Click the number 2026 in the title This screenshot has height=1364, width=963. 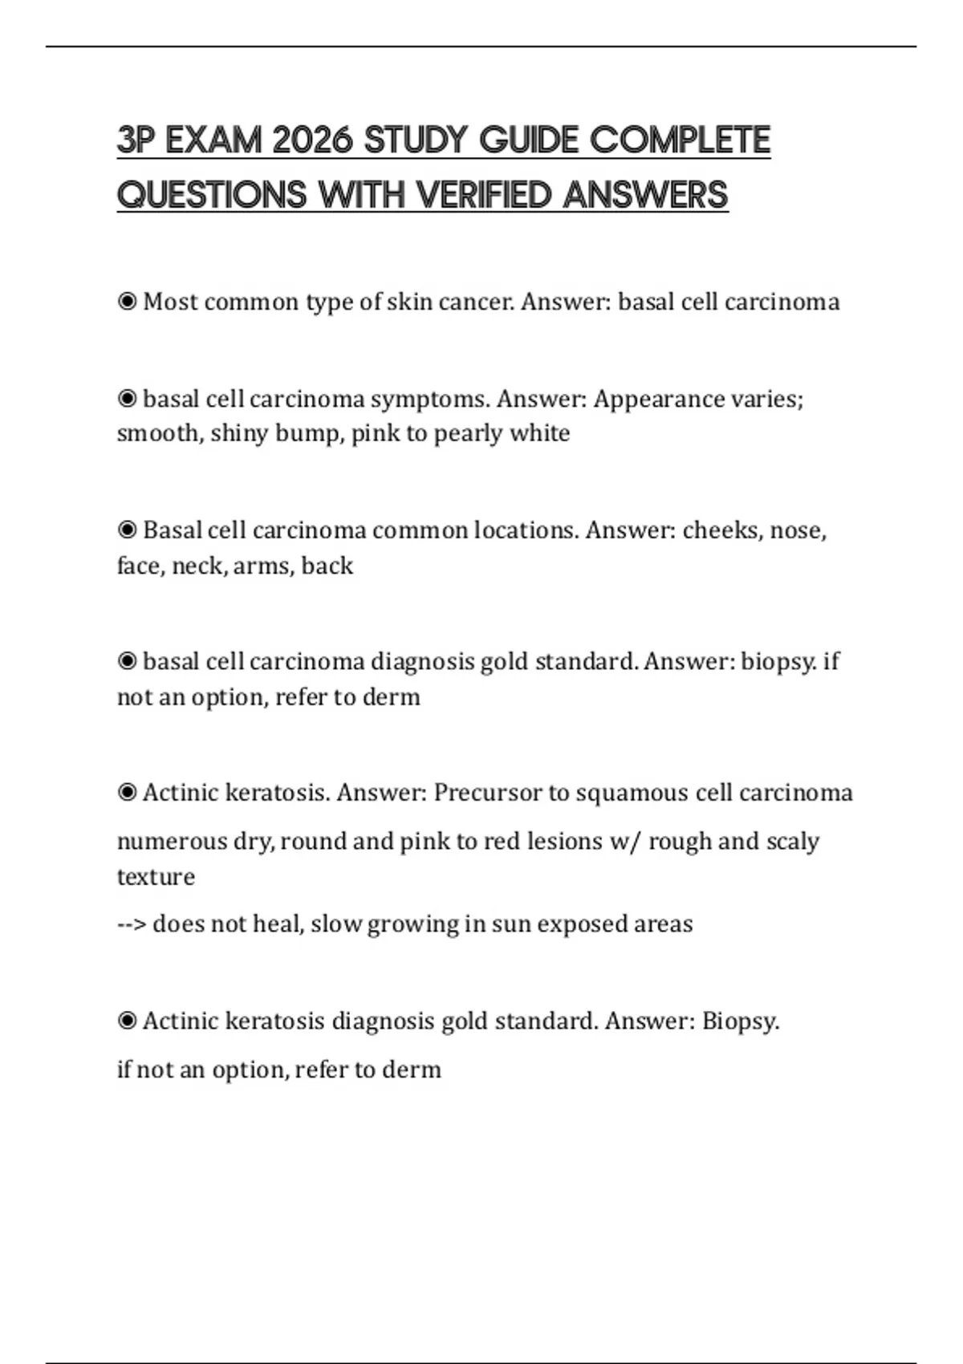click(312, 140)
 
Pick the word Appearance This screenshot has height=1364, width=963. click(648, 399)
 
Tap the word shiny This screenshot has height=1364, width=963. click(238, 433)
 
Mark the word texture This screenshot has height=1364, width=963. click(156, 876)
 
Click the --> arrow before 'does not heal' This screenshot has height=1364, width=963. click(132, 924)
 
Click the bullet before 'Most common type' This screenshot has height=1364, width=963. click(127, 302)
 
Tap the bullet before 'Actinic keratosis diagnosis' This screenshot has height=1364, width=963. click(127, 1021)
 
